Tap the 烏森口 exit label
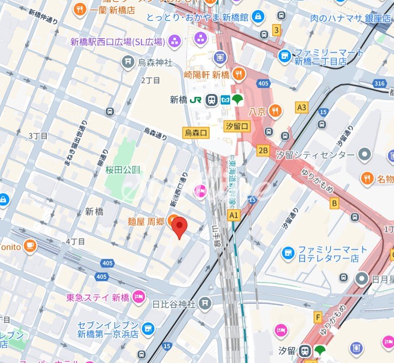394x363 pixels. click(195, 133)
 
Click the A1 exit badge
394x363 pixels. click(233, 215)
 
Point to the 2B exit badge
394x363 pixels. click(263, 150)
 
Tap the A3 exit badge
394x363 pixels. click(302, 107)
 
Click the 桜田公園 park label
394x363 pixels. click(122, 169)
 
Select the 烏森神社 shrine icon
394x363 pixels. click(128, 63)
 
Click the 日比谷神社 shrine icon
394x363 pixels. click(205, 303)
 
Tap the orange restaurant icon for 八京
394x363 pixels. click(275, 111)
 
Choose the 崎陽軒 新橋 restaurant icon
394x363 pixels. click(239, 75)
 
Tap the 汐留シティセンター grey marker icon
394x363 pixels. click(365, 155)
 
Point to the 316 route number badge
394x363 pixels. click(380, 83)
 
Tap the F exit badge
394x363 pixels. click(318, 317)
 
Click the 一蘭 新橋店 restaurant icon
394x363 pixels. click(79, 10)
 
